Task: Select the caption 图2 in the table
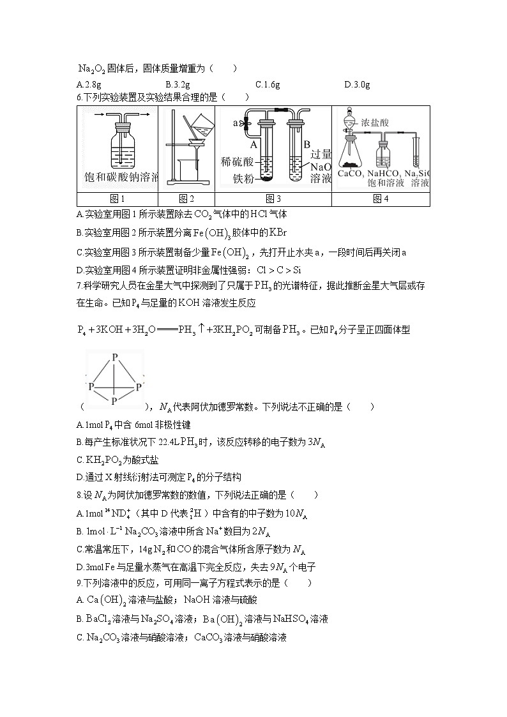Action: [x=186, y=199]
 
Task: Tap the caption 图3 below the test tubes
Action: [x=273, y=199]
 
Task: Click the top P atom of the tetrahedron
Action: [x=114, y=358]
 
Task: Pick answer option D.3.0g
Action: [x=358, y=84]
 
